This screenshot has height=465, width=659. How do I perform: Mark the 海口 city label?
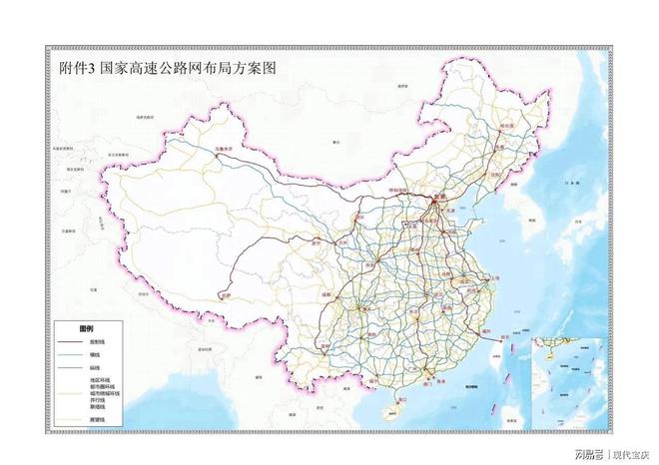point(403,399)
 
